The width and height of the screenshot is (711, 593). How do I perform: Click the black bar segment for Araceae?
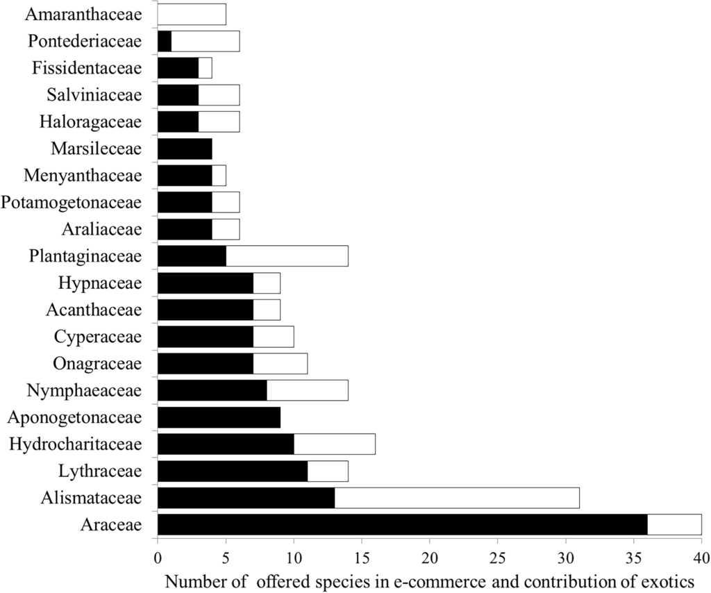[x=403, y=524]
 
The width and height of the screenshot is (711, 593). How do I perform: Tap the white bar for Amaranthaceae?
[x=192, y=14]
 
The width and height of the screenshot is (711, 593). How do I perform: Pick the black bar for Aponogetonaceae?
[x=219, y=417]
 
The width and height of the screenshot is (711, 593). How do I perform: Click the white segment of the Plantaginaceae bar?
[x=287, y=256]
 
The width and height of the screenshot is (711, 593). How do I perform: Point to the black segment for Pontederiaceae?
[x=165, y=41]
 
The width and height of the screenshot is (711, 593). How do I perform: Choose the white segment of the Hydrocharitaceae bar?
[x=334, y=444]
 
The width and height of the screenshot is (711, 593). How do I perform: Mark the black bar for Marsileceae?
[x=185, y=148]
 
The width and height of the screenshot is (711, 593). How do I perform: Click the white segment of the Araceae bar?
[x=674, y=524]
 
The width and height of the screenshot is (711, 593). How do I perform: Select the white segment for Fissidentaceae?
[x=205, y=68]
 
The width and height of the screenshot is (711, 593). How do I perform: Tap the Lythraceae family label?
[x=101, y=471]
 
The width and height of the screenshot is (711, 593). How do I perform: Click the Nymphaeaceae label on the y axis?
[x=84, y=390]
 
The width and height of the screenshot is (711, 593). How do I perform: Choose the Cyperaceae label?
[x=97, y=337]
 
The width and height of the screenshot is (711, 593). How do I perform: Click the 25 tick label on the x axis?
[x=498, y=556]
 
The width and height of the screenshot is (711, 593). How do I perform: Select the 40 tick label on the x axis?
[x=701, y=556]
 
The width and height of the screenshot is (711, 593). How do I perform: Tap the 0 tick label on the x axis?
[x=158, y=556]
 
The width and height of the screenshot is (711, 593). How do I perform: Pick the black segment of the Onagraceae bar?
[x=205, y=363]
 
